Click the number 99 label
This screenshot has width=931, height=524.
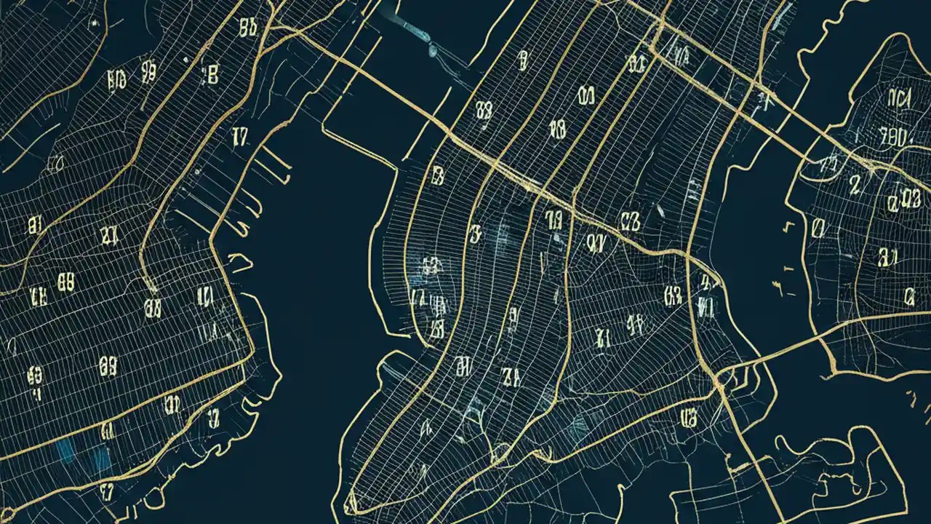tap(148, 71)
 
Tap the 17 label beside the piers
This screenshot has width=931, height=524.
tap(239, 136)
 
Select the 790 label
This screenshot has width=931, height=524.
tap(892, 136)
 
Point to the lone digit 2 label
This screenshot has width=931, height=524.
tap(855, 186)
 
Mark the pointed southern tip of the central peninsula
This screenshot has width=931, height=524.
tap(351, 501)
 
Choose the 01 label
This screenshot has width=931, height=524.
tap(586, 95)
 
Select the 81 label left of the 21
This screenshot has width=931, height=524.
tap(34, 225)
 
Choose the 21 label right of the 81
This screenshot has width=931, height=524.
tap(109, 234)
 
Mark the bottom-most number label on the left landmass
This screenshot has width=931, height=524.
tap(108, 492)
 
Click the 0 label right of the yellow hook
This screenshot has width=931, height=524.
tap(818, 229)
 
